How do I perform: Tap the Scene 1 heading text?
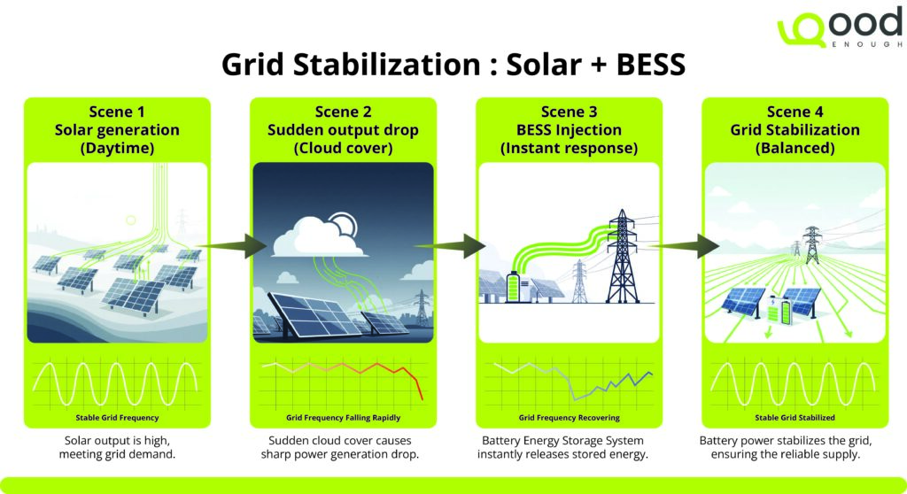pyautogui.click(x=117, y=112)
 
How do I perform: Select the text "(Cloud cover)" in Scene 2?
pyautogui.click(x=342, y=148)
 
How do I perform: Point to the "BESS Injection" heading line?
pyautogui.click(x=569, y=130)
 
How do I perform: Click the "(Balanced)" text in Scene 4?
pyautogui.click(x=795, y=148)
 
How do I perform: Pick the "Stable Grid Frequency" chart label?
pyautogui.click(x=117, y=417)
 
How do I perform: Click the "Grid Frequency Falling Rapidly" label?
pyautogui.click(x=343, y=417)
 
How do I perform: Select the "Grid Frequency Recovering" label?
pyautogui.click(x=569, y=417)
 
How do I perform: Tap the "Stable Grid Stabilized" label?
pyautogui.click(x=795, y=417)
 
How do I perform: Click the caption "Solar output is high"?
pyautogui.click(x=117, y=440)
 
